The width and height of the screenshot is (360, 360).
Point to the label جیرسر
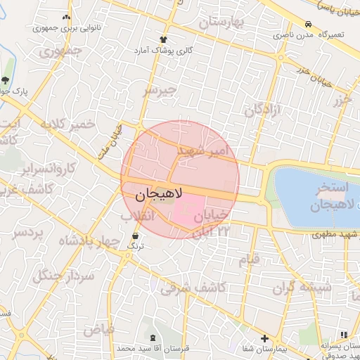pos(158,91)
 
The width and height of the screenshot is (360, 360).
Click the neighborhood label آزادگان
pos(263,110)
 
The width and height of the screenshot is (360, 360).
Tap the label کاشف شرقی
pos(192,288)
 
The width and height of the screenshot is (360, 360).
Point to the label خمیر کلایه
pos(67,124)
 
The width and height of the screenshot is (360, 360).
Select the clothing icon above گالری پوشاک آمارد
pos(164,39)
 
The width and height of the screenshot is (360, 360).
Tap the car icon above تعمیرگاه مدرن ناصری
pos(308,23)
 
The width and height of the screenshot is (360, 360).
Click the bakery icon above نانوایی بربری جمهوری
pos(66,17)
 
